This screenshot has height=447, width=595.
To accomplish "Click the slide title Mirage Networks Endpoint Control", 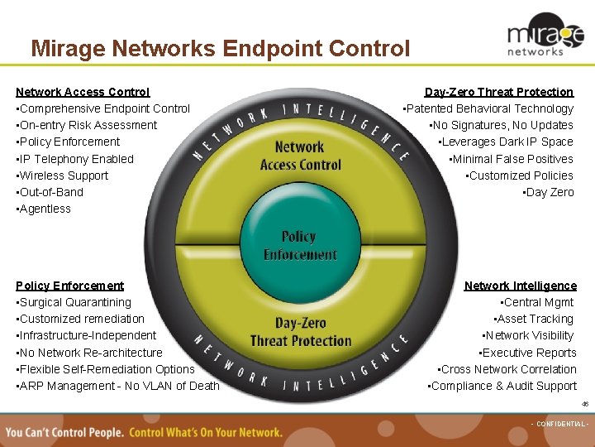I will (x=220, y=49).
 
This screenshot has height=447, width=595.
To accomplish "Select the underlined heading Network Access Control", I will (x=83, y=92).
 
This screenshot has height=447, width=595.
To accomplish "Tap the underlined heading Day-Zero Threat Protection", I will (x=498, y=92).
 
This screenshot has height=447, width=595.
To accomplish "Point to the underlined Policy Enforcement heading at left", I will (x=69, y=286).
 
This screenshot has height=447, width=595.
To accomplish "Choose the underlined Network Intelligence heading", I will (x=520, y=286).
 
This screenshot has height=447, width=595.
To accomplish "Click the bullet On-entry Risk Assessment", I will (x=87, y=125).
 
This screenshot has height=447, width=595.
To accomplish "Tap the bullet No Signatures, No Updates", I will (x=502, y=125).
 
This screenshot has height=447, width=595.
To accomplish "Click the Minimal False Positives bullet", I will (x=511, y=159).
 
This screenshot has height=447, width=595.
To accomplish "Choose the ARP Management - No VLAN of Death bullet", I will (x=118, y=386).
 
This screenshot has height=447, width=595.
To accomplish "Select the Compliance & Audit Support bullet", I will (x=502, y=386).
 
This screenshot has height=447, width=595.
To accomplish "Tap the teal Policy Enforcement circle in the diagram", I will (x=298, y=245).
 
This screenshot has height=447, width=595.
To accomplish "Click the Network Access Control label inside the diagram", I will (x=300, y=156).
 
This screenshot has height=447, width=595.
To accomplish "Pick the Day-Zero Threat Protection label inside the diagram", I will (x=301, y=332).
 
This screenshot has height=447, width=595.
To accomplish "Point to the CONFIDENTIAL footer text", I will (x=559, y=424).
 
